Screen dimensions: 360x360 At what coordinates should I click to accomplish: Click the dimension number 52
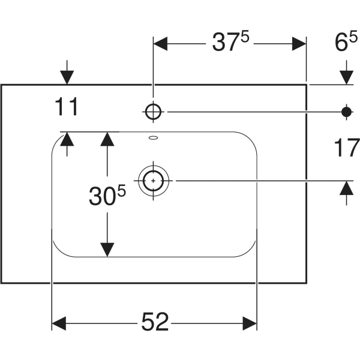point(155,322)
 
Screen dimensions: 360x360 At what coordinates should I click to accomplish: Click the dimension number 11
point(67,107)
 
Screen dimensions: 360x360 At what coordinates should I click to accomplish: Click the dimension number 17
point(347,148)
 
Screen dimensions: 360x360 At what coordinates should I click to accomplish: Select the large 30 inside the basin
point(103,196)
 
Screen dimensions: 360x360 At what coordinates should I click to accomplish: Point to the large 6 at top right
point(341,43)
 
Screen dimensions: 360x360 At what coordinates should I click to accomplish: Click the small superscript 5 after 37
point(245,37)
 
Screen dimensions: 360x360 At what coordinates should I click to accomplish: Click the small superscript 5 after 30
point(122,191)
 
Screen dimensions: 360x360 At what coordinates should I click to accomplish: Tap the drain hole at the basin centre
point(153,181)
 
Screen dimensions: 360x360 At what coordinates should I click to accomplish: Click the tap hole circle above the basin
point(153,112)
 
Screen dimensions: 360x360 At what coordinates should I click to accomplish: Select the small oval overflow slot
point(154,138)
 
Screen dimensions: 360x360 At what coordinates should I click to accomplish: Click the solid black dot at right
point(346,112)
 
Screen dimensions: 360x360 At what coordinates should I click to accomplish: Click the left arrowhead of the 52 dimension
point(59,323)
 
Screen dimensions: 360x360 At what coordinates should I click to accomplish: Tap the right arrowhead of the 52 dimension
point(250,323)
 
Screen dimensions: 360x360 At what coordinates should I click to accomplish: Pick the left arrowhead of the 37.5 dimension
point(160,44)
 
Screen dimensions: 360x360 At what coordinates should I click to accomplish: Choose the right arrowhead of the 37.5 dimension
point(299,44)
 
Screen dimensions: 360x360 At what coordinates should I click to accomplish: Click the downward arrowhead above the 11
point(67,77)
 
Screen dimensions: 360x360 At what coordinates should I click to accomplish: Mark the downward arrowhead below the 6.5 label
point(346,77)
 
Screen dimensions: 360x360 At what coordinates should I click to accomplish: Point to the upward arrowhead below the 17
point(346,188)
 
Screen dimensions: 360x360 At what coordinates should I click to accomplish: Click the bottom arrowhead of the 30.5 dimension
point(107,250)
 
